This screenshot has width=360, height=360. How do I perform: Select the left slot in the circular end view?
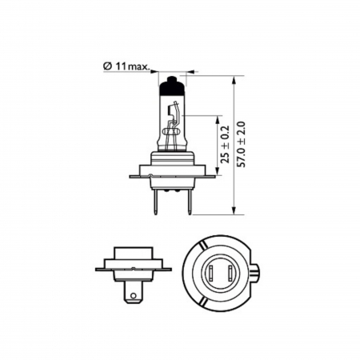[x=209, y=274]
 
